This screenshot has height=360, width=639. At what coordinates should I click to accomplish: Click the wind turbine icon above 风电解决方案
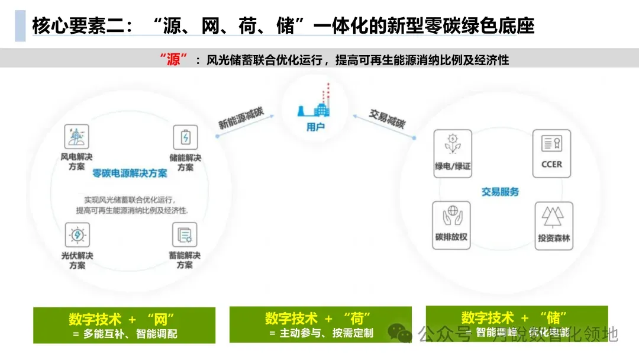[x=76, y=137]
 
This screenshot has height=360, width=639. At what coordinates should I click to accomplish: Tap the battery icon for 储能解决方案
[x=185, y=137]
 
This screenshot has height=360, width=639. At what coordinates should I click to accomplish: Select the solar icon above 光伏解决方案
[x=77, y=235]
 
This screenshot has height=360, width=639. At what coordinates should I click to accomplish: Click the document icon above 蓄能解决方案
[x=185, y=235]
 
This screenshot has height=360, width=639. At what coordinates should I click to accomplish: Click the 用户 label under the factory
[x=315, y=127]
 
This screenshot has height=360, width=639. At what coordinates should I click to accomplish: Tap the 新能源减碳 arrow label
[x=241, y=115]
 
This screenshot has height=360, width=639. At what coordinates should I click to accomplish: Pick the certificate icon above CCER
[x=551, y=144]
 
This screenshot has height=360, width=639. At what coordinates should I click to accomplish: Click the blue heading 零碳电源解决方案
[x=130, y=173]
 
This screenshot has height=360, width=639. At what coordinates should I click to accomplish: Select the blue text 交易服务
[x=500, y=192]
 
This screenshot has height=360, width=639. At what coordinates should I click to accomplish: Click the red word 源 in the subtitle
[x=173, y=60]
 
